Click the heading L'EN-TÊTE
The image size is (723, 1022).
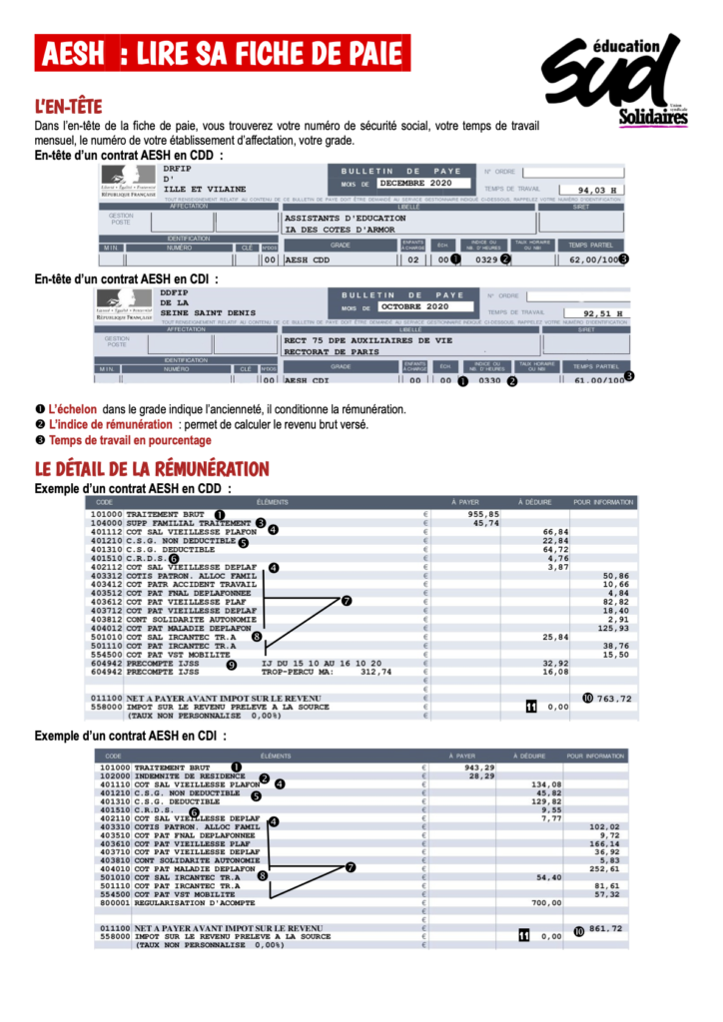tap(68, 107)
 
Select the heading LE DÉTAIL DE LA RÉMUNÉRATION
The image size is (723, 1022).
tap(152, 469)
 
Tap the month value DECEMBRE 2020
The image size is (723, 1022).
tap(414, 184)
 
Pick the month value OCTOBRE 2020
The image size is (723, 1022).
tap(415, 306)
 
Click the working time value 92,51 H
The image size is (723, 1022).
tap(603, 313)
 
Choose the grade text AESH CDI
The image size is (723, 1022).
tap(309, 380)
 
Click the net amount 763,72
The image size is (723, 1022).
tap(614, 699)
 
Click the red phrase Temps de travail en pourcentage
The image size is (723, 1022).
tap(130, 440)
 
